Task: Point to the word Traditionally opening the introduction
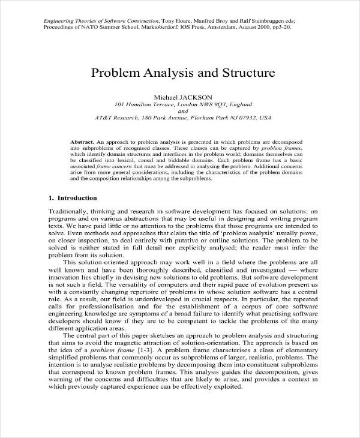(70, 212)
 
